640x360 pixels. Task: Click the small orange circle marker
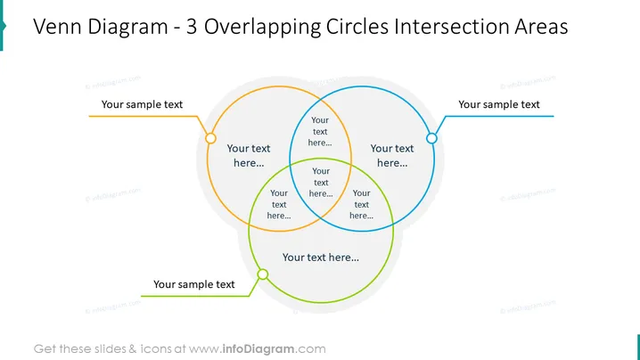point(210,138)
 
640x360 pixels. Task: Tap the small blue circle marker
point(431,138)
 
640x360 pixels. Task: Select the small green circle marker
point(263,274)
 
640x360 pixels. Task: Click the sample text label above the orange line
point(142,104)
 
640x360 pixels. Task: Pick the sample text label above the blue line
point(499,104)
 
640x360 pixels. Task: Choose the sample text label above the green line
point(194,284)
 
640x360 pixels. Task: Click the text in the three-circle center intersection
point(321,183)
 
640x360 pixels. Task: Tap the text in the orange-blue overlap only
point(320,131)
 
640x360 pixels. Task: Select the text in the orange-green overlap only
point(279,204)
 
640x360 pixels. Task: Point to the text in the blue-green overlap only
point(361,204)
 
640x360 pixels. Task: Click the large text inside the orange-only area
point(249,156)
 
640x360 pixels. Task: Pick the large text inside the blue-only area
point(392,156)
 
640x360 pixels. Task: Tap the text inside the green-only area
point(321,258)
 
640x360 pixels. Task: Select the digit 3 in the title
point(192,27)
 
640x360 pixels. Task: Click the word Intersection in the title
point(451,27)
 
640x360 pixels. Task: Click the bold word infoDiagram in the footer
point(258,349)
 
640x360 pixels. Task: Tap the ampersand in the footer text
point(133,349)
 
